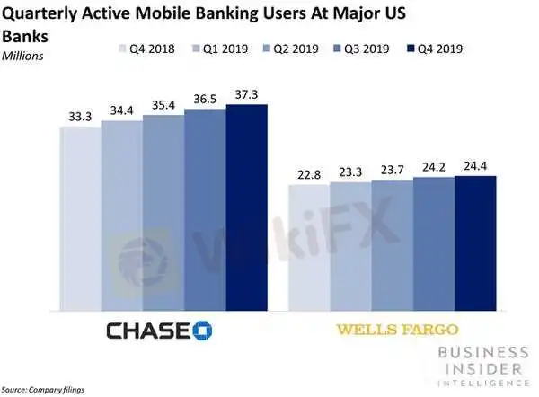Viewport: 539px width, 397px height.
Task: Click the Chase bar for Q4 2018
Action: tap(80, 216)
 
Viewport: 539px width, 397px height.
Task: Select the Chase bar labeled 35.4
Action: tap(163, 211)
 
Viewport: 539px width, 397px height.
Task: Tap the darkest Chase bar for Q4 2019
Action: tap(246, 207)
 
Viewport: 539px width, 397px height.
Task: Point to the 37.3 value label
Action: tap(246, 95)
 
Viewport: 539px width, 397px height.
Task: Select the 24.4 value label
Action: tap(475, 166)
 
